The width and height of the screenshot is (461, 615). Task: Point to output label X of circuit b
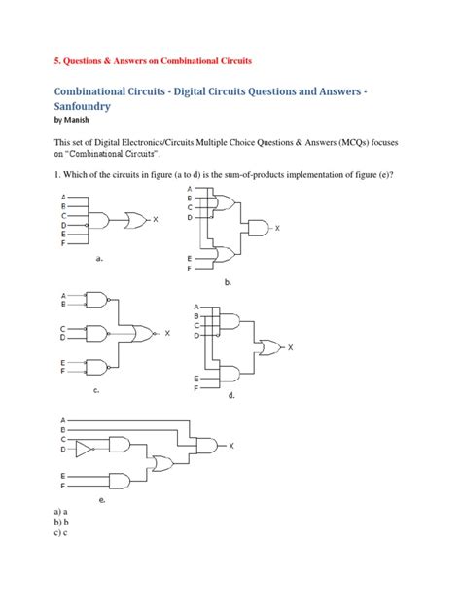coord(277,228)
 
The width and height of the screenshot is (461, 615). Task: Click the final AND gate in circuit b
coord(259,228)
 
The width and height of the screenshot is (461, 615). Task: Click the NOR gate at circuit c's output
coord(145,334)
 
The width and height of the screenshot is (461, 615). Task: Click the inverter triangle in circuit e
coord(85,449)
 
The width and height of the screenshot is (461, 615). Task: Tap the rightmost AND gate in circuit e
coord(206,447)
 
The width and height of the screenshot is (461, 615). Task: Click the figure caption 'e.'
coord(101,499)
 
